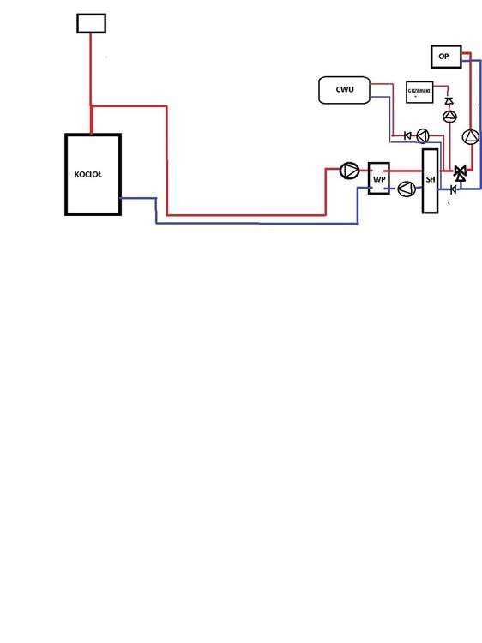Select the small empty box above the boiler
pos(91,23)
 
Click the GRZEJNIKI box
pos(419,93)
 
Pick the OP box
pos(443,57)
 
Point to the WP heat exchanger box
pos(378,178)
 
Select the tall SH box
pos(430,180)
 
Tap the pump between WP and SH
pos(407,189)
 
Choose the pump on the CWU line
pos(423,135)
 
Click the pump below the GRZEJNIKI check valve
pos(449,117)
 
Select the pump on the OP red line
pos(470,136)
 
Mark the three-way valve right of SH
pos(459,172)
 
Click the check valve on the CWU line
pos(407,135)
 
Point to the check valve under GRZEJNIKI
pos(449,101)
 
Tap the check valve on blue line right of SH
pos(453,189)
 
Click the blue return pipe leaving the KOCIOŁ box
pos(137,199)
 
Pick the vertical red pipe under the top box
pos(91,69)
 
